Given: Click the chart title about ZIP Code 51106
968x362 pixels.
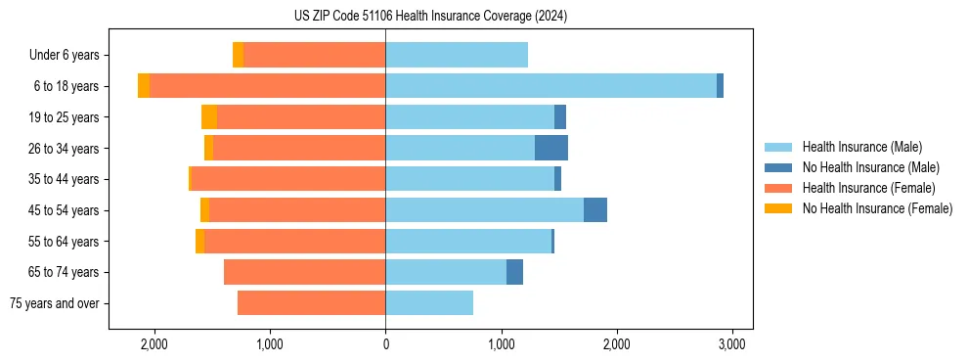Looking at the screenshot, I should (x=430, y=16).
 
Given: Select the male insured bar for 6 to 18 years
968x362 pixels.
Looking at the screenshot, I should (x=550, y=86).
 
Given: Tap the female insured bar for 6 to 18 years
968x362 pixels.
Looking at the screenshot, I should (x=267, y=86).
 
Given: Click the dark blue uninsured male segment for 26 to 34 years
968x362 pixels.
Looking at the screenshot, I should (x=551, y=148).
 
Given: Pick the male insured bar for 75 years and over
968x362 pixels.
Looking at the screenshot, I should (x=429, y=303).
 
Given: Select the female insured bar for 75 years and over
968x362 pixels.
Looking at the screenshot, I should (x=311, y=303).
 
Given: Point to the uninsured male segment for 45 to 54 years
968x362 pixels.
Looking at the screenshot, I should (x=595, y=210).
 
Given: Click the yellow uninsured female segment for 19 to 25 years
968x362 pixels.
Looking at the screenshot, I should (x=209, y=117).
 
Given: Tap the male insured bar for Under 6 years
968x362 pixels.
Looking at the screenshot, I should (x=457, y=55).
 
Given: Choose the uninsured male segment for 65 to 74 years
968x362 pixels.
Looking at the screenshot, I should (x=514, y=272).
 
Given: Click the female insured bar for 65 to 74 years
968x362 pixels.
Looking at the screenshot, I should (x=304, y=272).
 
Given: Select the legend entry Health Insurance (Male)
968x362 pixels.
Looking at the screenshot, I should (x=861, y=147).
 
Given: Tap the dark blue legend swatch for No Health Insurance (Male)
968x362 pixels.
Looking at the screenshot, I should (x=778, y=167).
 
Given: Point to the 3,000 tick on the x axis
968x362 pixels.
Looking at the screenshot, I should (x=732, y=344).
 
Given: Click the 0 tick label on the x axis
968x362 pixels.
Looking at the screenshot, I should (x=385, y=344).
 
